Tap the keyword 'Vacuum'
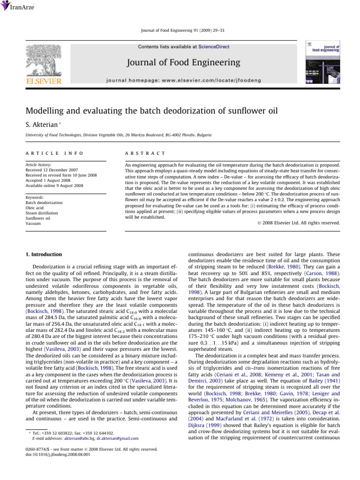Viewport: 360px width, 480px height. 33,224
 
